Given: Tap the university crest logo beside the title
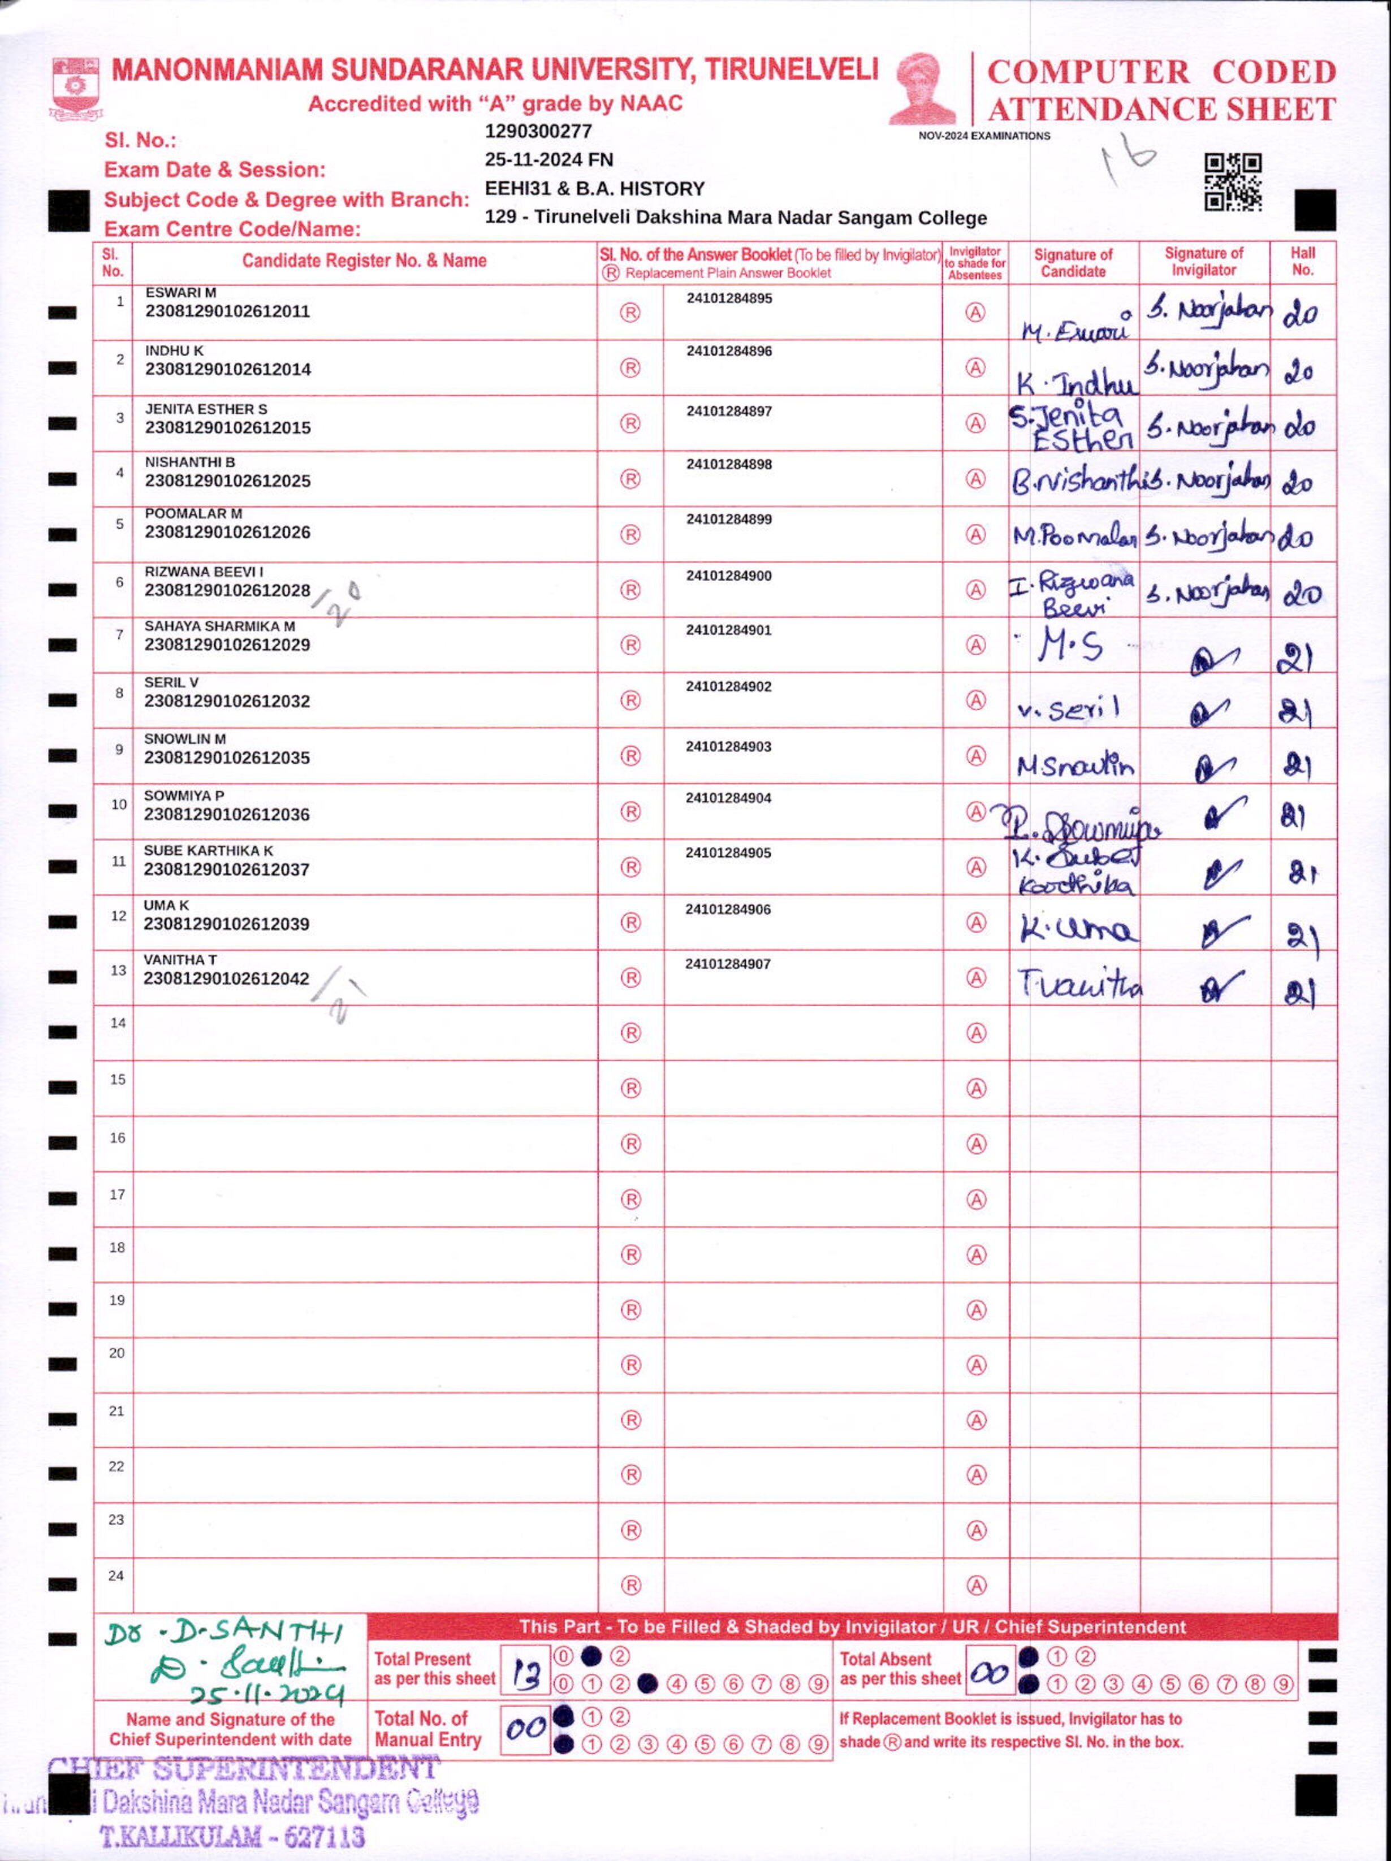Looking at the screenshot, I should (x=76, y=88).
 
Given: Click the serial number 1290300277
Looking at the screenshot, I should (x=538, y=131).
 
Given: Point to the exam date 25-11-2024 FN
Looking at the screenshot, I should (x=548, y=160).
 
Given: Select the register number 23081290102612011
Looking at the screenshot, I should (x=227, y=311).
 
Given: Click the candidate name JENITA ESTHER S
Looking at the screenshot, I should (x=206, y=409).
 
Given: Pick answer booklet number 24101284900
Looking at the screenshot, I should (x=729, y=576).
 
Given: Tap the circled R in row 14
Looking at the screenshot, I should (x=630, y=1033).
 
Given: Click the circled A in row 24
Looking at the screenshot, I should (x=975, y=1586).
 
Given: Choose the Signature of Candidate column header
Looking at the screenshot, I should (x=1073, y=262).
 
